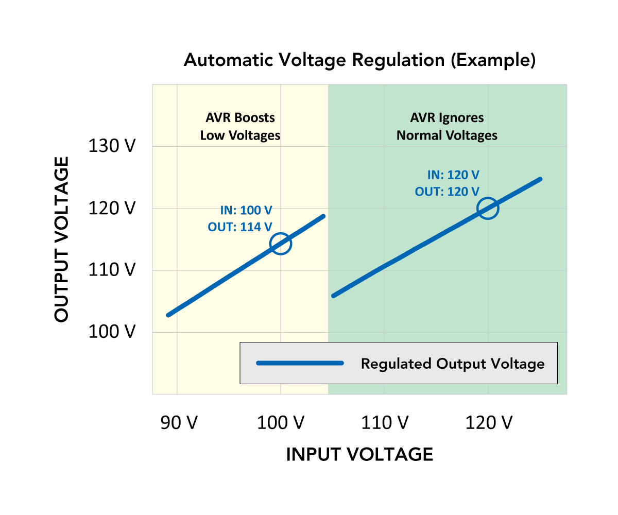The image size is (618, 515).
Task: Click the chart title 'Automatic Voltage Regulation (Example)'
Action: [x=359, y=61]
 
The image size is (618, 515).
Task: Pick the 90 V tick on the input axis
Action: [x=178, y=423]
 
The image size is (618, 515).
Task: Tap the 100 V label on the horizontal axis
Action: [x=281, y=423]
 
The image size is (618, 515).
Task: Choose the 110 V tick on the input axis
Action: [x=385, y=423]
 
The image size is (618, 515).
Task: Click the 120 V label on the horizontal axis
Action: [x=489, y=423]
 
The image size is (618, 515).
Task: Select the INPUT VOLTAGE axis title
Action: [x=359, y=454]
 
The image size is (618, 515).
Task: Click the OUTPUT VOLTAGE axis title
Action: [x=62, y=239]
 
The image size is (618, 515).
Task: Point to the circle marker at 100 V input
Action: [x=281, y=244]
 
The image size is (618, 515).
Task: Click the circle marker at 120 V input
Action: [x=488, y=209]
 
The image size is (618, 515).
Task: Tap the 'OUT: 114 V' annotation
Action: [x=240, y=227]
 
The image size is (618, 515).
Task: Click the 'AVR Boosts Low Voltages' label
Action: [x=241, y=127]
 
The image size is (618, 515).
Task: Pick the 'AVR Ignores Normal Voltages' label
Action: [x=447, y=127]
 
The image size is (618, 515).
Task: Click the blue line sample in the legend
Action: [x=300, y=363]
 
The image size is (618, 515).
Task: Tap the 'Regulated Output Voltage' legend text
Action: [x=453, y=364]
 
